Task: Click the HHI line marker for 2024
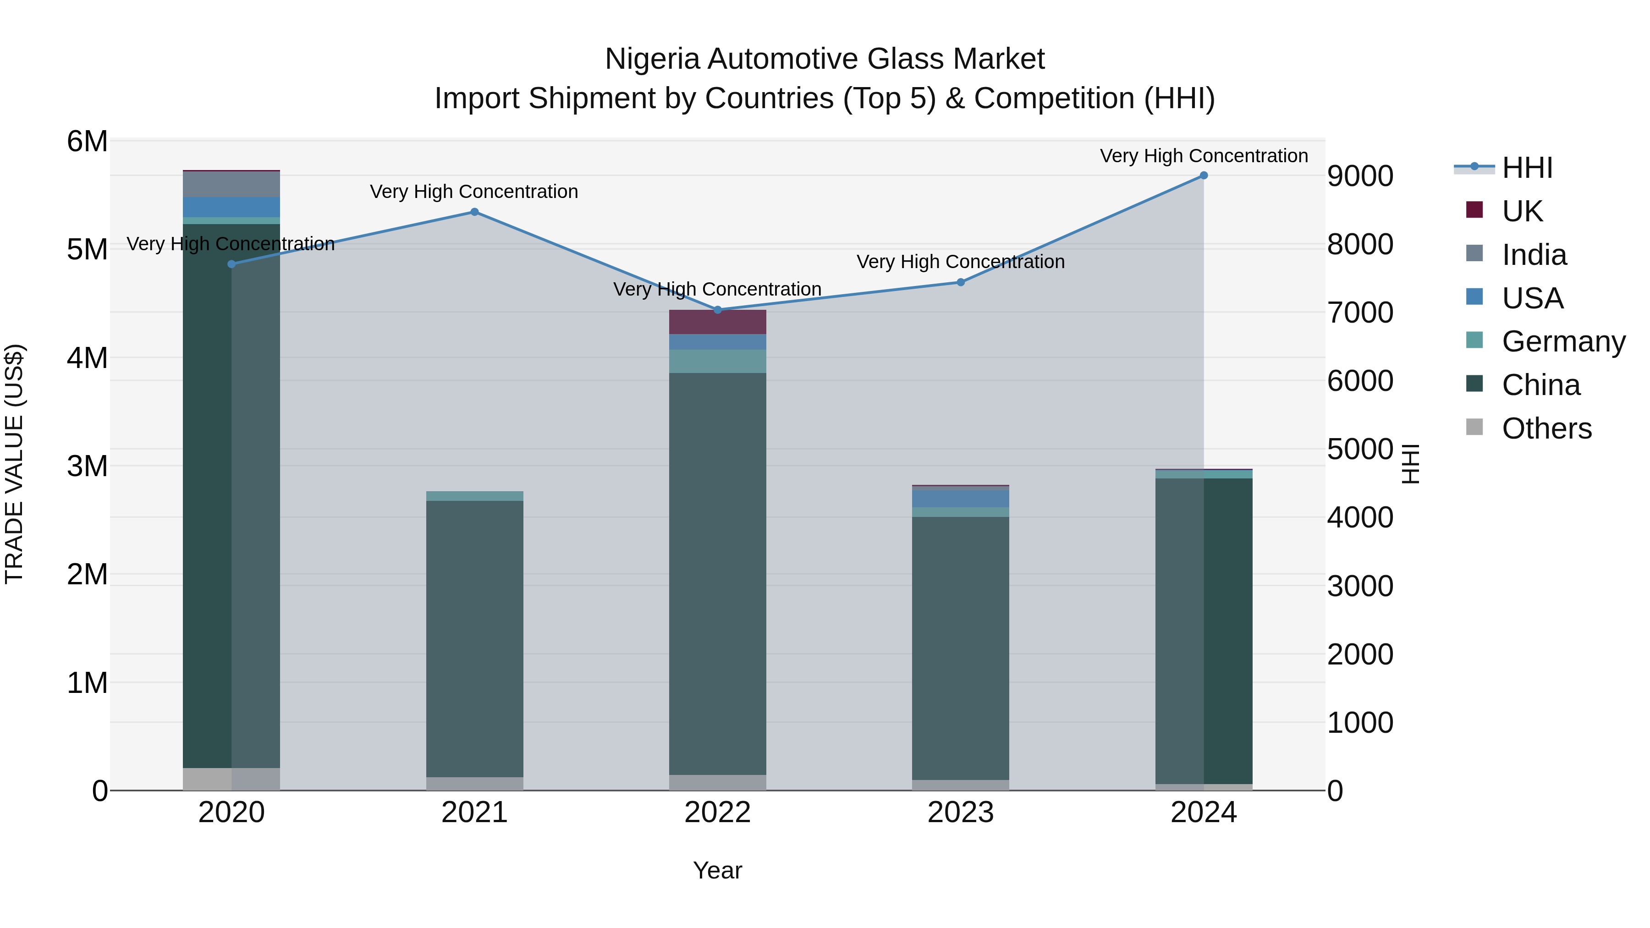[x=1204, y=176]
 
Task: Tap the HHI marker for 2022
[x=717, y=310]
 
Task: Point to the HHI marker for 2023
[x=961, y=282]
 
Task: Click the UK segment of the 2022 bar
[x=717, y=322]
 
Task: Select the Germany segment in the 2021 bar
[x=475, y=496]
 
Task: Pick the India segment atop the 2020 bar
[x=231, y=184]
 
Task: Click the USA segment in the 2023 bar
[x=961, y=498]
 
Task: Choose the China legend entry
[x=1540, y=385]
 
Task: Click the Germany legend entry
[x=1563, y=342]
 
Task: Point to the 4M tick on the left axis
[x=87, y=358]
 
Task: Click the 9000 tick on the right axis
[x=1360, y=176]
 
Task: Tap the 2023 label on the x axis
[x=961, y=813]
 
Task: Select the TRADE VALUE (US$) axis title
[x=15, y=464]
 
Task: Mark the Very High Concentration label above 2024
[x=1204, y=156]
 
